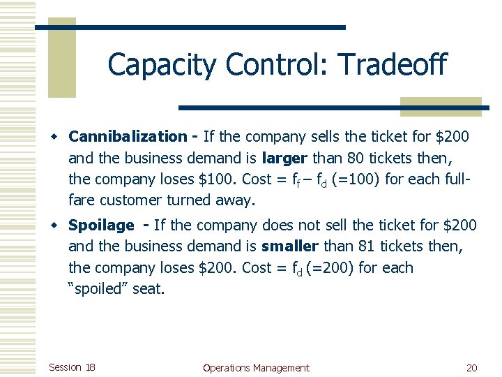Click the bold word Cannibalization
click(x=128, y=137)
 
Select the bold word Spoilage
click(x=101, y=226)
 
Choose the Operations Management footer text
click(x=255, y=367)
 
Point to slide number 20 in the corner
click(x=471, y=367)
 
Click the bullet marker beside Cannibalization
click(x=61, y=137)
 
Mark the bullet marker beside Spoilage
click(x=61, y=226)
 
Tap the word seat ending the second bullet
click(x=148, y=288)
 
